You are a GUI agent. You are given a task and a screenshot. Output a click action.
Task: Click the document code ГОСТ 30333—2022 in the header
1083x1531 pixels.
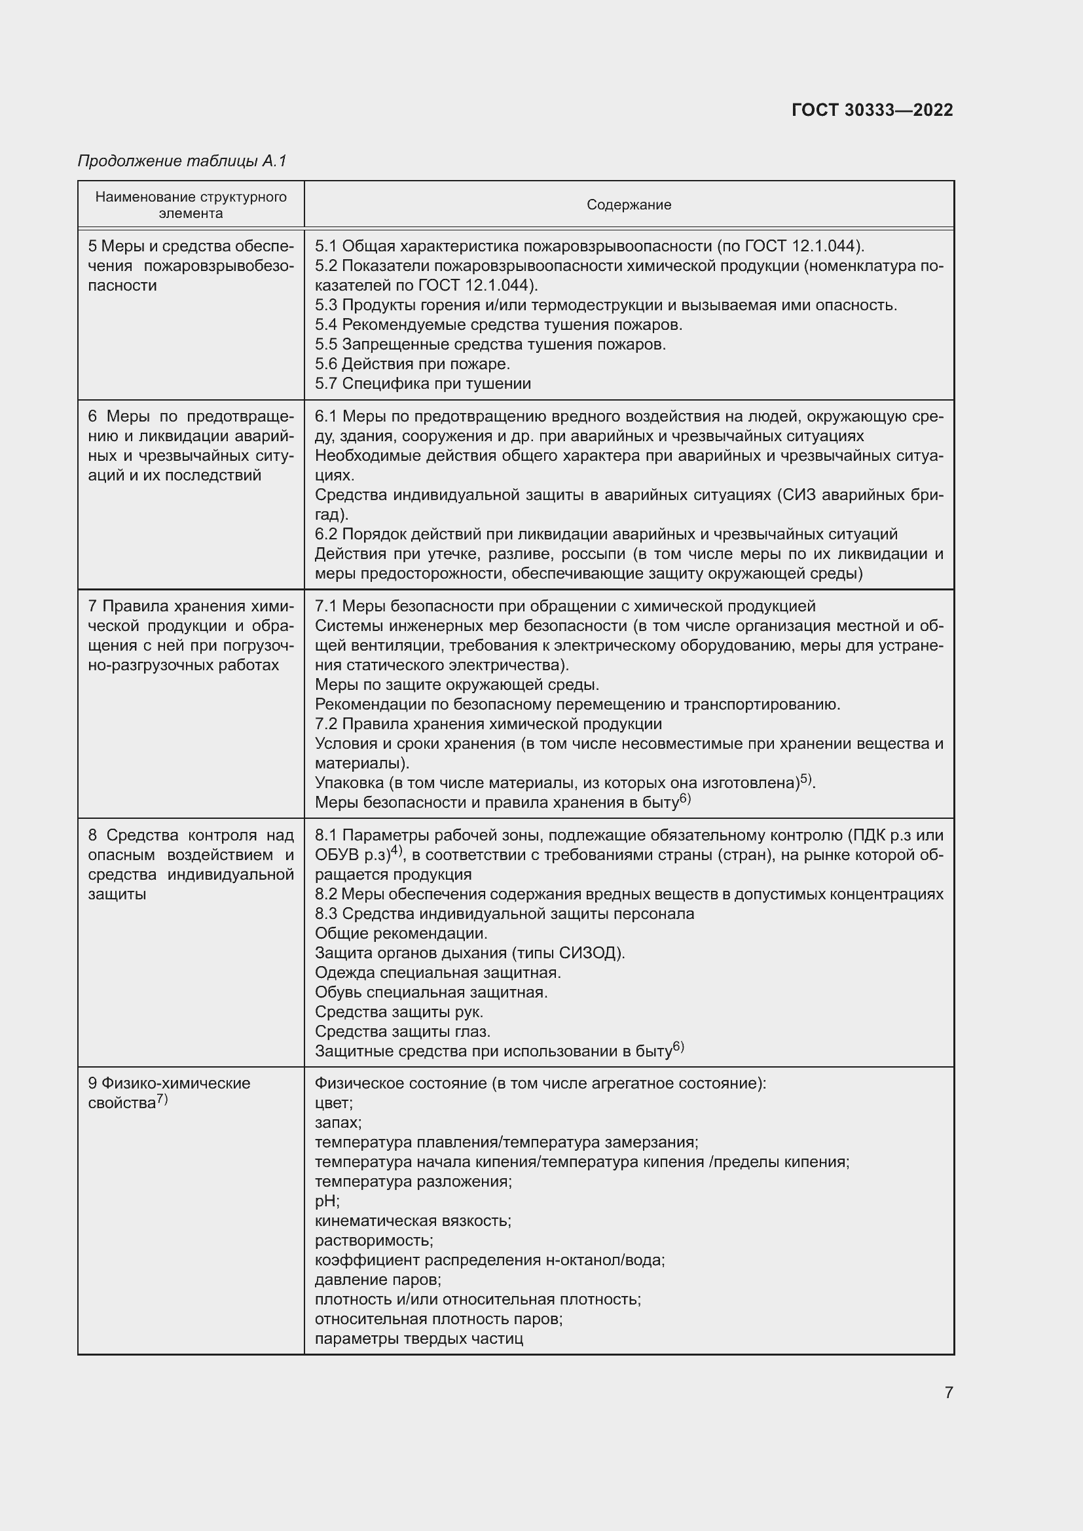(872, 110)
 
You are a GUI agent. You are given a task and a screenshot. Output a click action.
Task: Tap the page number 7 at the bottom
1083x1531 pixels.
(948, 1392)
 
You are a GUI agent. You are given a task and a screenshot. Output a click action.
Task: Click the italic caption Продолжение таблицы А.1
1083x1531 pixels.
(182, 161)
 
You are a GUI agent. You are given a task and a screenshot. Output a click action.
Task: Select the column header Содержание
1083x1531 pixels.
(628, 205)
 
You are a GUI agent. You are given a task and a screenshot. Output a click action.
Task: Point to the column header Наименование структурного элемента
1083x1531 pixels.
(191, 205)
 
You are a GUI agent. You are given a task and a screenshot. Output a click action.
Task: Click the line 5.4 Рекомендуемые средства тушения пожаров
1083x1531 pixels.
(498, 325)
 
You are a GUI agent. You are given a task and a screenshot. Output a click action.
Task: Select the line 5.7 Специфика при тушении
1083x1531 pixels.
(423, 384)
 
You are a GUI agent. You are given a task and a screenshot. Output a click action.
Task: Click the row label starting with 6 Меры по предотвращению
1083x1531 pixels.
(191, 446)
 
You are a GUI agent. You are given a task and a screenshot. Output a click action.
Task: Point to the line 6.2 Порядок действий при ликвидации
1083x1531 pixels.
(606, 534)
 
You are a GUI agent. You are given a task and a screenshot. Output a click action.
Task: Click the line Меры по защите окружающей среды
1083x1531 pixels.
(457, 685)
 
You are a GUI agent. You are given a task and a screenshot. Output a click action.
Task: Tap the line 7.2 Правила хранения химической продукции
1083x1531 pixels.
(488, 724)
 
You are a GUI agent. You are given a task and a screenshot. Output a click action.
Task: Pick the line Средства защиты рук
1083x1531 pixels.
(399, 1011)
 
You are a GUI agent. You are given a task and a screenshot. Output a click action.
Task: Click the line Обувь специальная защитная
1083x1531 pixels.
(431, 992)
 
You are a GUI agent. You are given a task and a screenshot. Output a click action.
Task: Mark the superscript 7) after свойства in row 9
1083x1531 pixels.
(162, 1100)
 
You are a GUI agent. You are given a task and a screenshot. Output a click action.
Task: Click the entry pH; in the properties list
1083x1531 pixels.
(327, 1201)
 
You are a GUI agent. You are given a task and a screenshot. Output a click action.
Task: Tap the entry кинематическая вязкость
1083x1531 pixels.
(413, 1221)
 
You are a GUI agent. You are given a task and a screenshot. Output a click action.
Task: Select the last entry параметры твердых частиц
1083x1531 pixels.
(419, 1339)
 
